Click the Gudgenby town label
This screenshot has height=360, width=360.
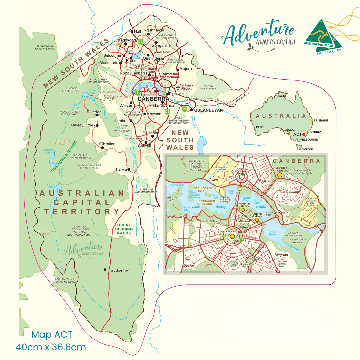[x=119, y=270]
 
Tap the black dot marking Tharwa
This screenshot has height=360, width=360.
[x=129, y=169]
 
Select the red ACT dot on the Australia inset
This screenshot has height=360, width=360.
[x=303, y=134]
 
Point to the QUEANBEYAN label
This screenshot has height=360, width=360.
[x=208, y=110]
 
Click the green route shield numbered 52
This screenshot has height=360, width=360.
[x=184, y=109]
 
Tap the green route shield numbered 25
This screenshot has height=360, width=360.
[x=141, y=42]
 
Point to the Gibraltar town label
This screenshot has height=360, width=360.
[x=107, y=144]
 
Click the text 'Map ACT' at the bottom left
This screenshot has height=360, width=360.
[x=51, y=334]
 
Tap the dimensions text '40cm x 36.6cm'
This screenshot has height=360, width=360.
[x=51, y=347]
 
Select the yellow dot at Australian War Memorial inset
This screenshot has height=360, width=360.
[x=280, y=174]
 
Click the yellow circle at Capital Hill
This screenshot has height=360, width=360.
[x=232, y=236]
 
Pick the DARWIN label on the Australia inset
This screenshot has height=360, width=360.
[x=279, y=96]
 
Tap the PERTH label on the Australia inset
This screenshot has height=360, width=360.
[x=261, y=127]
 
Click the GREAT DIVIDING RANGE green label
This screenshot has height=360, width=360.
[x=124, y=229]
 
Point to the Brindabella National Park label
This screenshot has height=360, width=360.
[x=45, y=47]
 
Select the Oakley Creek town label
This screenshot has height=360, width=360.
[x=83, y=125]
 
